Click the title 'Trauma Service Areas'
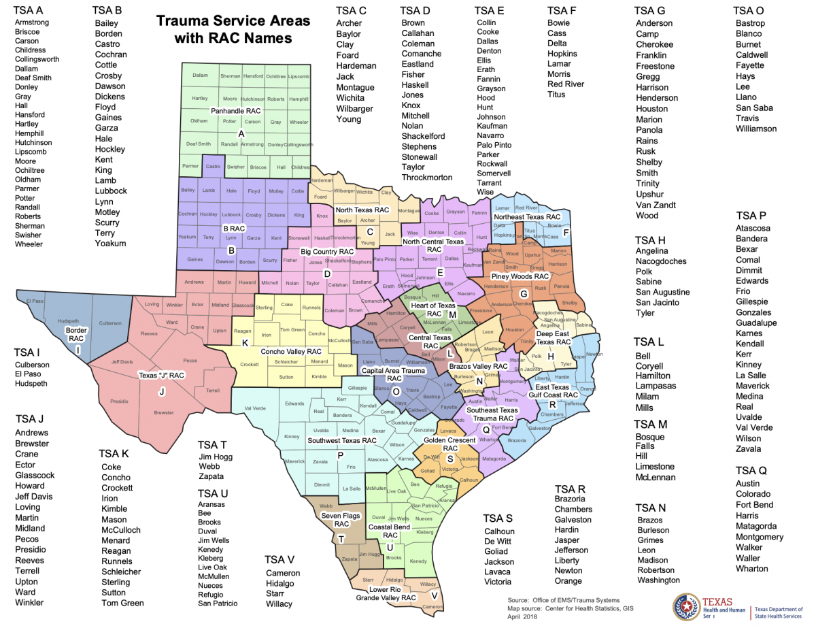(233, 20)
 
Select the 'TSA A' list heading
(29, 10)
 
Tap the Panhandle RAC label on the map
(235, 111)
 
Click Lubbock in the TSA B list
(111, 191)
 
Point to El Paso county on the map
(35, 301)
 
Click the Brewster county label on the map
(163, 412)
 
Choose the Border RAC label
(76, 334)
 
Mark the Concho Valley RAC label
(291, 351)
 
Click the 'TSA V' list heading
(279, 559)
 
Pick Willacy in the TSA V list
(279, 604)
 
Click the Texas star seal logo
(686, 607)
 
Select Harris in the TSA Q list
(748, 516)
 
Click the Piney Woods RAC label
(520, 277)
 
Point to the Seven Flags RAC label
(341, 520)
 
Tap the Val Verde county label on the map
(255, 409)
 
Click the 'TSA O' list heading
(749, 10)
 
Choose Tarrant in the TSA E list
(490, 183)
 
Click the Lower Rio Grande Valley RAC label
(386, 593)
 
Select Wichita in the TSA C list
(350, 98)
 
